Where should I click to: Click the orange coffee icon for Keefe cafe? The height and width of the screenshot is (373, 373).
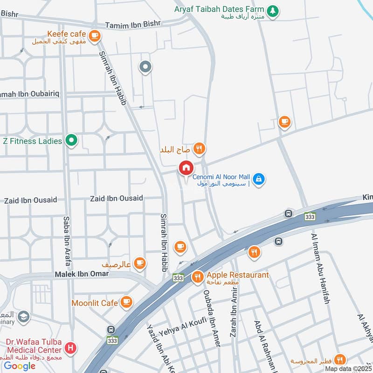[x=95, y=35]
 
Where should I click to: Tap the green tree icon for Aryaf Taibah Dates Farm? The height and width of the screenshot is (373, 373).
[x=273, y=10]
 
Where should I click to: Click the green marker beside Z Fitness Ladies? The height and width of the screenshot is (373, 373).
[x=71, y=140]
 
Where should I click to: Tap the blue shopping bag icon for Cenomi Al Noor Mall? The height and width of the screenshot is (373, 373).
[x=259, y=179]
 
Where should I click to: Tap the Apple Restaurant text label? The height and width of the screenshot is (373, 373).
[x=238, y=275]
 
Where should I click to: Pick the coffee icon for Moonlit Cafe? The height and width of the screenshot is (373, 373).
[x=126, y=303]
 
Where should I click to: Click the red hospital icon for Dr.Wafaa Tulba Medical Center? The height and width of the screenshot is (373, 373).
[x=70, y=347]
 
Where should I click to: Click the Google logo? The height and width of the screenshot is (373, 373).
[x=20, y=366]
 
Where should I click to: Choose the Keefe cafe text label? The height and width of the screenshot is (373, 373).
[x=67, y=34]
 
